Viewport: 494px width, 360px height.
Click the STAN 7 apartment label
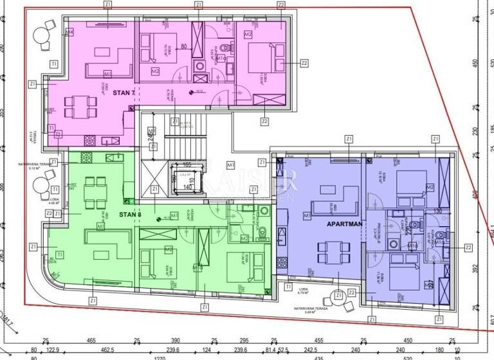coord(123,93)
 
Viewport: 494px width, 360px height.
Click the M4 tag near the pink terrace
coord(69,31)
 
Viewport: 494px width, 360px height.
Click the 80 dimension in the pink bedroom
coord(184,46)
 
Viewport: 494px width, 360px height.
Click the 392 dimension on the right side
coord(476,268)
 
